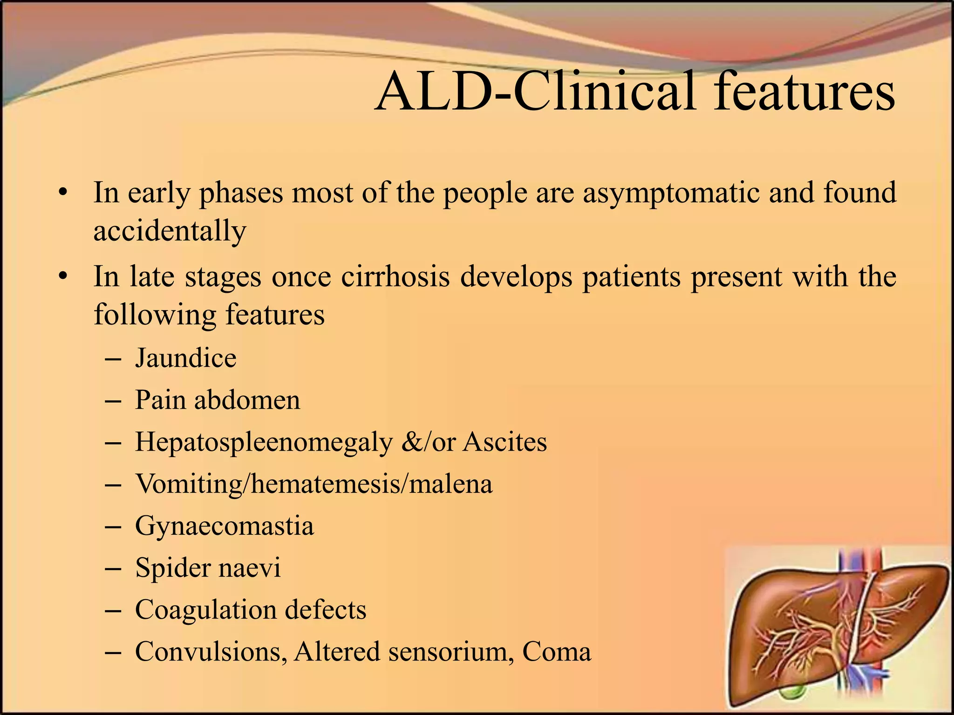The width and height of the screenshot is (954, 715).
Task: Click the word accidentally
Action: [x=170, y=231]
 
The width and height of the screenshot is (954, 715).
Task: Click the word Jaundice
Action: [x=185, y=358]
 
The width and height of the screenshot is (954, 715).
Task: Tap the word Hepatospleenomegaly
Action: [x=264, y=442]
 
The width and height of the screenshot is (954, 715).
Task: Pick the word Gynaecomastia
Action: [x=224, y=526]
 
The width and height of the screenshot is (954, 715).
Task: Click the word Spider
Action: [x=172, y=568]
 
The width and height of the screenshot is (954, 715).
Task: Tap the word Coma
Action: [x=556, y=652]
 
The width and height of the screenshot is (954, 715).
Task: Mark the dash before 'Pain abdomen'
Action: [x=113, y=401]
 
